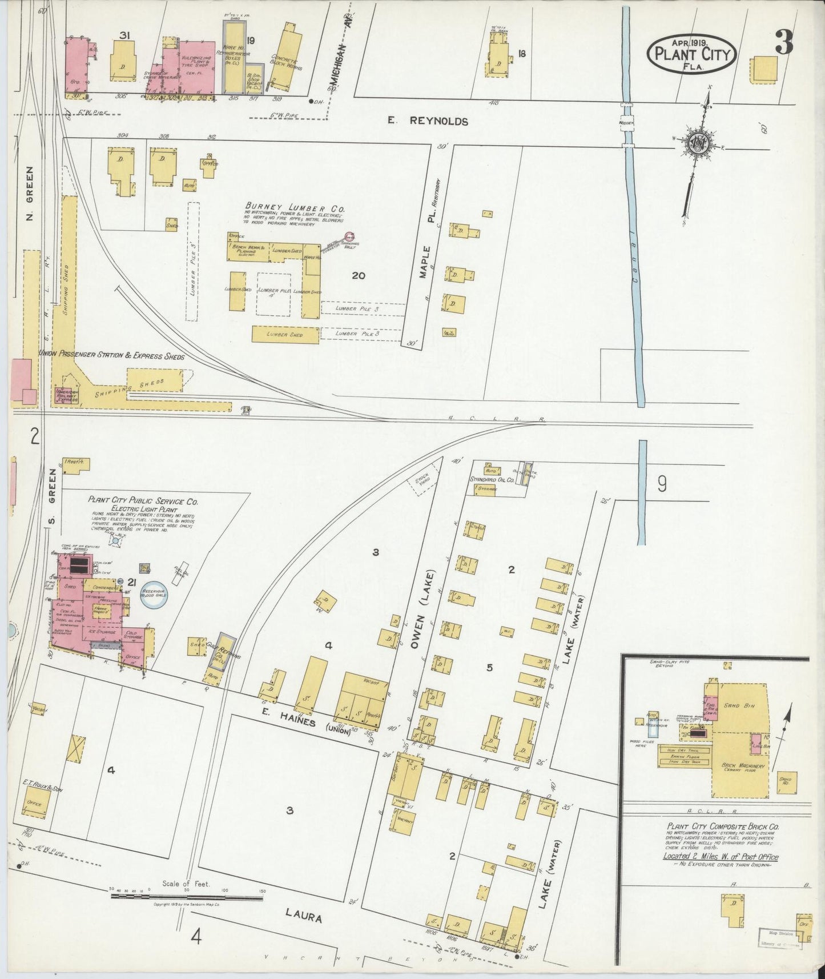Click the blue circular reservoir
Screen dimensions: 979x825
154,597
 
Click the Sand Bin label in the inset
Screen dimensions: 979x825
743,705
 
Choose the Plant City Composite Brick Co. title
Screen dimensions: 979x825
721,826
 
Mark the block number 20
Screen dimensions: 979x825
359,276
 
